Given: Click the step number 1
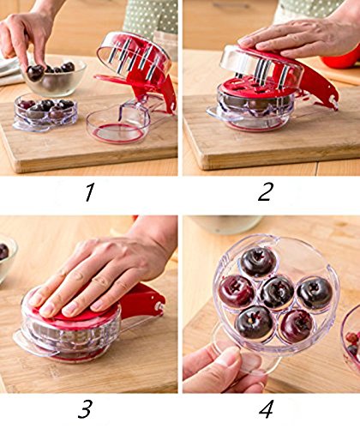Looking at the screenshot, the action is pos(89,192).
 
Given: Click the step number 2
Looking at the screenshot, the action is pos(265,191).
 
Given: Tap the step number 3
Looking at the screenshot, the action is pos(85,409).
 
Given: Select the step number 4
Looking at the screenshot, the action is pos(267,409).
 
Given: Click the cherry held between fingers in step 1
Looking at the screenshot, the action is pos(35,73).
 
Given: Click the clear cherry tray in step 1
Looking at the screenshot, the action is pos(45,112).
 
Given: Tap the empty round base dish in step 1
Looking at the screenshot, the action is pos(117,126).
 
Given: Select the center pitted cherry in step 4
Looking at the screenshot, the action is pos(277,293).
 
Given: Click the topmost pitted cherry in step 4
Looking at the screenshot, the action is pos(258,263).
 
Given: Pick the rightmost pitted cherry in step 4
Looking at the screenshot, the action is pos(315,294).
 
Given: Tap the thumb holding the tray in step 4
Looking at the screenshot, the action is pos(217,363).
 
